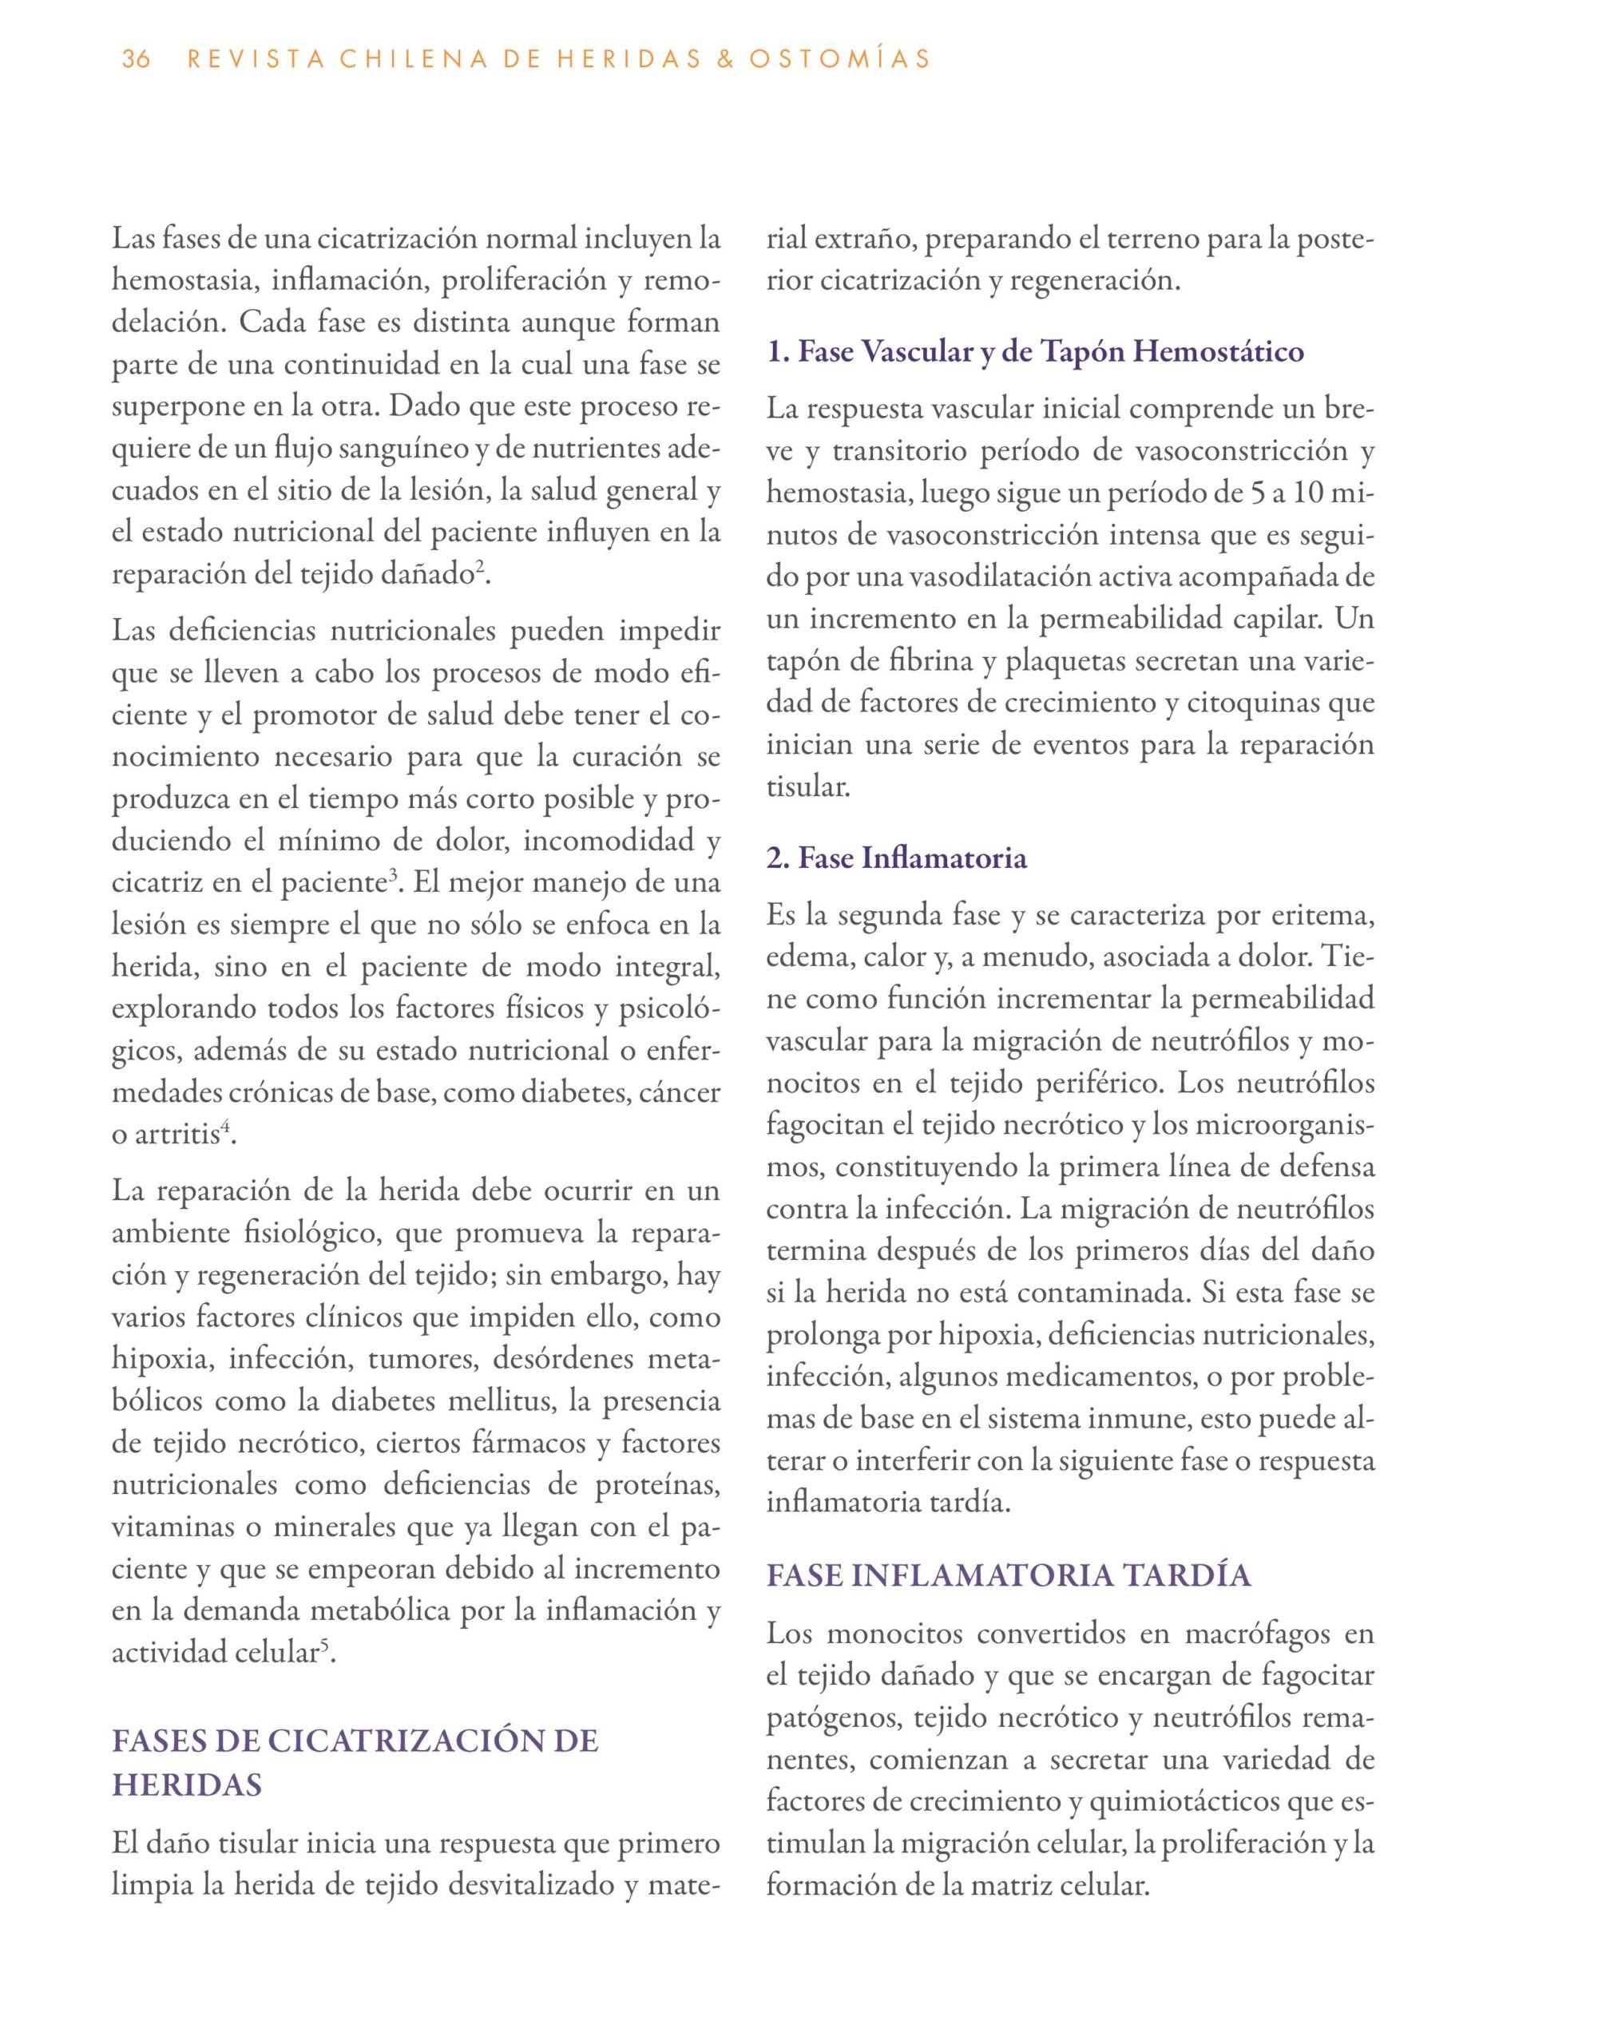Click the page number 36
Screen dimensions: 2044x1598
pos(136,60)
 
